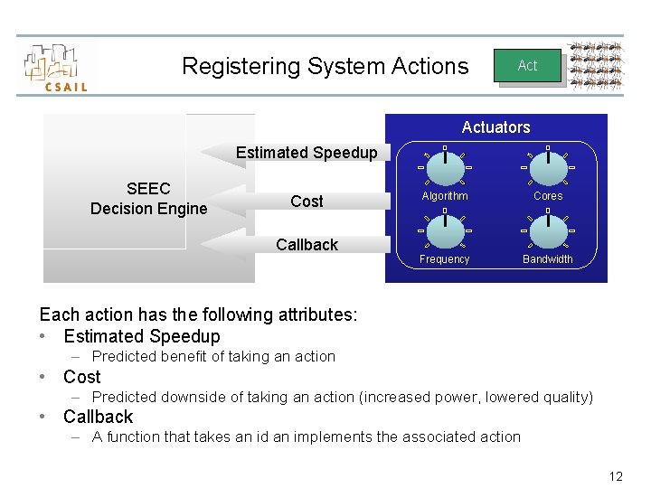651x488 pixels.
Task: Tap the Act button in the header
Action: coord(527,65)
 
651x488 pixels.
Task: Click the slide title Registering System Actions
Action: coord(325,66)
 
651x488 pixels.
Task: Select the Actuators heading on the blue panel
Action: coord(495,127)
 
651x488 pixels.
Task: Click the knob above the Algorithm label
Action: coord(445,167)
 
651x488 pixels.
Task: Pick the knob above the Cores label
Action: coord(548,167)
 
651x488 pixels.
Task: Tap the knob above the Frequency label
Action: coord(445,230)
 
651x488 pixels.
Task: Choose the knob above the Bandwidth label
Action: coord(548,230)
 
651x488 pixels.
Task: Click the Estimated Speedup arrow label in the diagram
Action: coord(307,153)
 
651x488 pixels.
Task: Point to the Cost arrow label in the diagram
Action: coord(307,202)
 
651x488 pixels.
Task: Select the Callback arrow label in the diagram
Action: coord(307,245)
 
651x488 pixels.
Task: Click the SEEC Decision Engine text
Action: coord(148,199)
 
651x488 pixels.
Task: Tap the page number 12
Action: coord(616,476)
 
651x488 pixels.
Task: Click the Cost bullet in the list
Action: coord(81,377)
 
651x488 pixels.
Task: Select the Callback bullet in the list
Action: coord(98,417)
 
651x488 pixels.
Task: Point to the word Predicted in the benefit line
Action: coord(123,357)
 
